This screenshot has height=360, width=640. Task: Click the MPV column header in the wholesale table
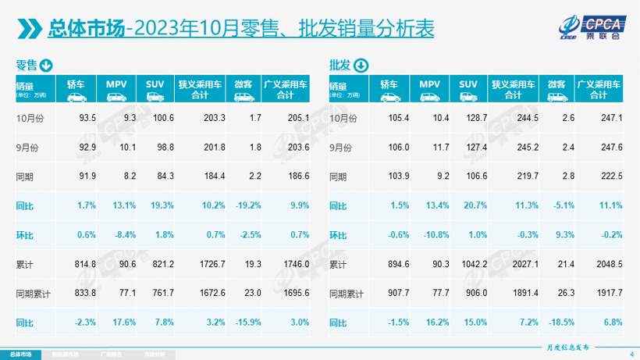pyautogui.click(x=430, y=84)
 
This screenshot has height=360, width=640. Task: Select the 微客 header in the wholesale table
pyautogui.click(x=556, y=84)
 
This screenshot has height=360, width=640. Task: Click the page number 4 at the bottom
pyautogui.click(x=631, y=355)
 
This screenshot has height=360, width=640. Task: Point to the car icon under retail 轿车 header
pyautogui.click(x=76, y=97)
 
